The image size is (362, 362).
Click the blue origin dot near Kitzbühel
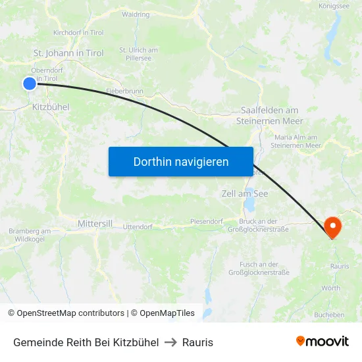29,84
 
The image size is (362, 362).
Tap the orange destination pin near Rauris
332,227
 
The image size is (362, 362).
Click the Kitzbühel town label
50,106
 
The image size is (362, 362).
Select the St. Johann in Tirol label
68,53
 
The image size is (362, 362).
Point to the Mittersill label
95,224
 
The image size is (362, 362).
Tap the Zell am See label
245,194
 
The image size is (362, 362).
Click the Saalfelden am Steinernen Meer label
270,116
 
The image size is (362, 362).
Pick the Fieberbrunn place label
124,91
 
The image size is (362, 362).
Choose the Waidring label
136,14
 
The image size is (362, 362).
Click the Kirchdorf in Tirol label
78,32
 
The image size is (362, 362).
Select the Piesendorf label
207,221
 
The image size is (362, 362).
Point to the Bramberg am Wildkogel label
30,235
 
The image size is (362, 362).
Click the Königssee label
334,6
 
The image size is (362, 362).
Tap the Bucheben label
329,315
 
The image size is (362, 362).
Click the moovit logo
323,341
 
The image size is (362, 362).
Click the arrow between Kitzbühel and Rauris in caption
170,342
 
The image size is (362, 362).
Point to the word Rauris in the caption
197,342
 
